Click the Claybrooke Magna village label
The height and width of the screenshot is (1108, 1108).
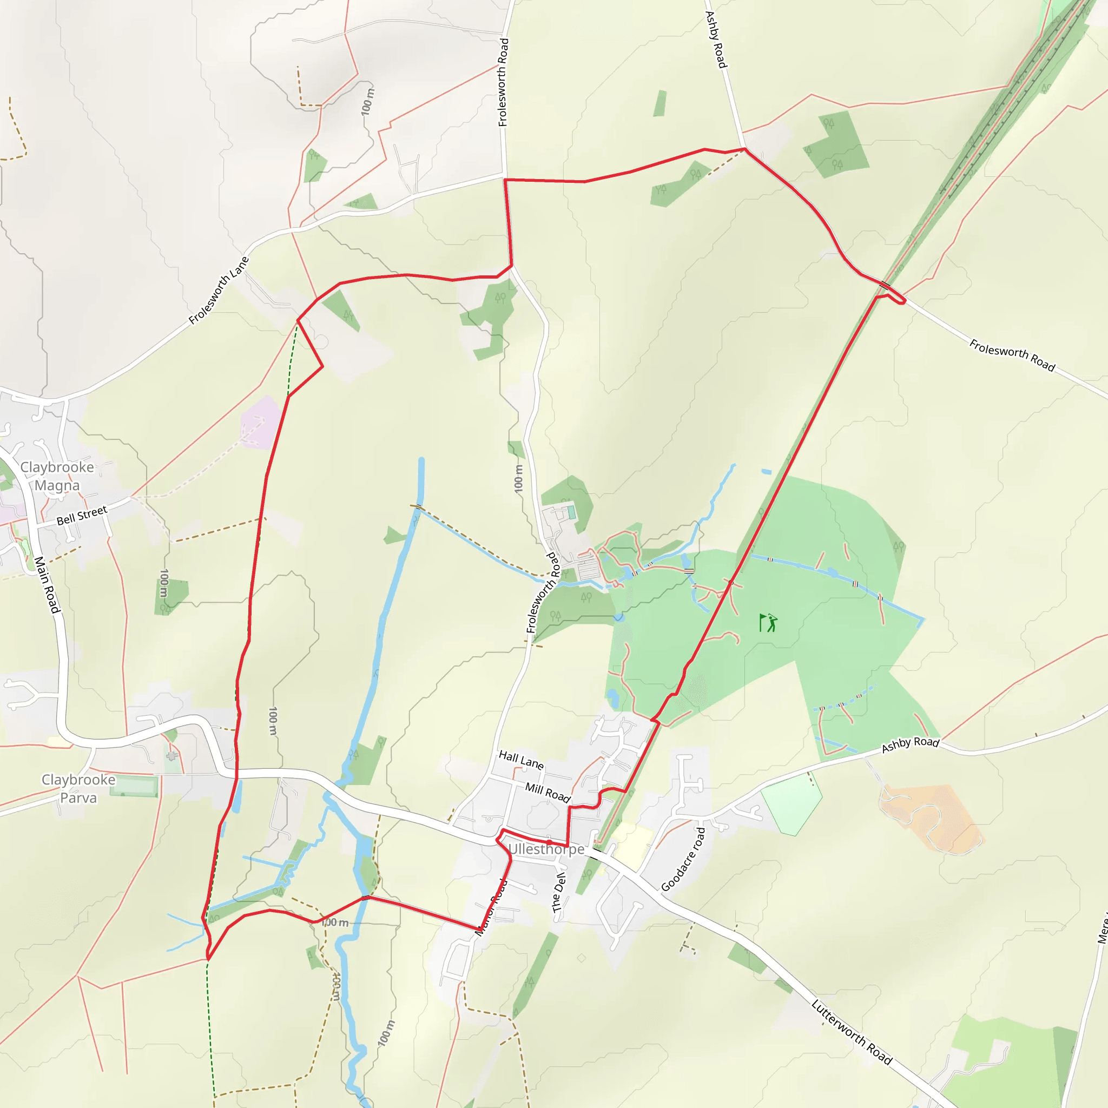pyautogui.click(x=57, y=476)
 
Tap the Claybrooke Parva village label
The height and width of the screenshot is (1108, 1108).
pyautogui.click(x=78, y=789)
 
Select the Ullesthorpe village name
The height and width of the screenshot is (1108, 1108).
pyautogui.click(x=546, y=849)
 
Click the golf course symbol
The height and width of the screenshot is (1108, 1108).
pyautogui.click(x=768, y=623)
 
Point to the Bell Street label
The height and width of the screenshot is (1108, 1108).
pyautogui.click(x=82, y=515)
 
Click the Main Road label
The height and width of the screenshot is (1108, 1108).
pyautogui.click(x=47, y=584)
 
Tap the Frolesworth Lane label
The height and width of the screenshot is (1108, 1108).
pyautogui.click(x=219, y=290)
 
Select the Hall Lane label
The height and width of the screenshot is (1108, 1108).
pyautogui.click(x=521, y=760)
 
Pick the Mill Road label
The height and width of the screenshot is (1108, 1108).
pyautogui.click(x=548, y=793)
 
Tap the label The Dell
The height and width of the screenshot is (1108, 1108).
pyautogui.click(x=558, y=892)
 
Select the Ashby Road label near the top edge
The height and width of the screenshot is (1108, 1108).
pyautogui.click(x=716, y=39)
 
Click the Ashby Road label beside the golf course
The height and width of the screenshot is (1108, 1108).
pyautogui.click(x=910, y=745)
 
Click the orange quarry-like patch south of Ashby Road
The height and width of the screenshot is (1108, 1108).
pyautogui.click(x=929, y=817)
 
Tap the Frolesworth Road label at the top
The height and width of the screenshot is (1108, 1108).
pyautogui.click(x=503, y=82)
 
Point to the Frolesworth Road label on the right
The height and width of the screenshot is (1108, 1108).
pyautogui.click(x=1012, y=355)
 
